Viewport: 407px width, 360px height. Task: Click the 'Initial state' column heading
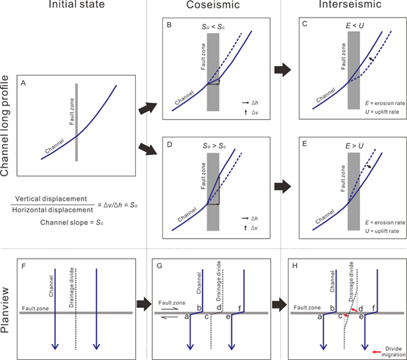click(76, 4)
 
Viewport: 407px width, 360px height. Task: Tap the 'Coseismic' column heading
click(213, 4)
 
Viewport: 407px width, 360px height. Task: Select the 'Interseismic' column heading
click(350, 4)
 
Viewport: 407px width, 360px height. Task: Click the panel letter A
click(24, 83)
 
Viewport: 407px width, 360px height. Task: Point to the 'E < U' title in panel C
click(355, 26)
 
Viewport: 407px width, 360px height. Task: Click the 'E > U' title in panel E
click(354, 146)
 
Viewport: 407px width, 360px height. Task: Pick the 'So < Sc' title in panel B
click(213, 27)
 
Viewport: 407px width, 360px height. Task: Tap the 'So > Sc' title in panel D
click(214, 146)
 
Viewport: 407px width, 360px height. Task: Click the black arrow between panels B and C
click(283, 70)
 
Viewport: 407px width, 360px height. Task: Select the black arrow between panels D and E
click(283, 186)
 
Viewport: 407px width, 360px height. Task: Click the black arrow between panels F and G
click(144, 304)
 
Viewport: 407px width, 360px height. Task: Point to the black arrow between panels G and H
click(279, 304)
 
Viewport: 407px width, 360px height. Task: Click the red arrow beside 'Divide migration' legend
click(377, 352)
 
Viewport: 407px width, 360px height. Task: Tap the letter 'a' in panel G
click(187, 317)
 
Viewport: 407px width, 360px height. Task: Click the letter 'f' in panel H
click(373, 308)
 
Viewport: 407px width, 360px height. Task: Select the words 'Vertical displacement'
click(51, 199)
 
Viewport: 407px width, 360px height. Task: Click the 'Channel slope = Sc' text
click(72, 223)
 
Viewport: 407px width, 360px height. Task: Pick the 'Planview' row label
click(4, 310)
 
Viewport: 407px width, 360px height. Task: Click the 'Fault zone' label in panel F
click(35, 309)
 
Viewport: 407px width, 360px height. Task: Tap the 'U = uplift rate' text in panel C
click(382, 112)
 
